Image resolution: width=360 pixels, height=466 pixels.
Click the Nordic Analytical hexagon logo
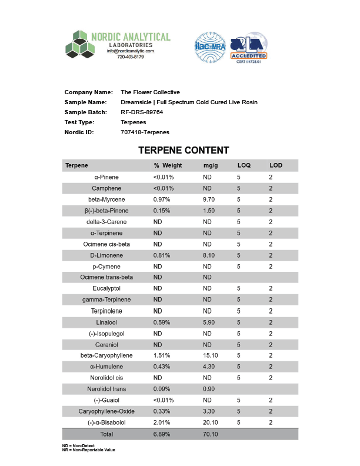point(80,45)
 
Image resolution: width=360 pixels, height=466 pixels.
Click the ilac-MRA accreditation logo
point(210,48)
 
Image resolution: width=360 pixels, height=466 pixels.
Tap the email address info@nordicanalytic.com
point(130,51)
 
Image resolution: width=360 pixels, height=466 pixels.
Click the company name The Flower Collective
point(150,92)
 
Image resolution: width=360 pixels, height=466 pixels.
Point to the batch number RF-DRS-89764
point(142,112)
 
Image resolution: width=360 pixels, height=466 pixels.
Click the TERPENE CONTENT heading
point(184,151)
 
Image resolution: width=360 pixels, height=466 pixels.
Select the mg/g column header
point(210,166)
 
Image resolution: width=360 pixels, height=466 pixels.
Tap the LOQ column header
point(244,166)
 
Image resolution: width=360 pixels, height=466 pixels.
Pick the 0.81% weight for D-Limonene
point(162,255)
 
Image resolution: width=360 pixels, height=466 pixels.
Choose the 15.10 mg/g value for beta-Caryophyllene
point(211,355)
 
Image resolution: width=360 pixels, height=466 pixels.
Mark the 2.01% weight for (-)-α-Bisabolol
point(162,422)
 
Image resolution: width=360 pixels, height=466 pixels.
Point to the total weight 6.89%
point(162,434)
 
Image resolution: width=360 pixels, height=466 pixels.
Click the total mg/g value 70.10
point(211,434)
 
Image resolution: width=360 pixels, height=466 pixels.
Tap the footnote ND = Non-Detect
point(78,446)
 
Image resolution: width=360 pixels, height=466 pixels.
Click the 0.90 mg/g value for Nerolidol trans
point(209,389)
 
